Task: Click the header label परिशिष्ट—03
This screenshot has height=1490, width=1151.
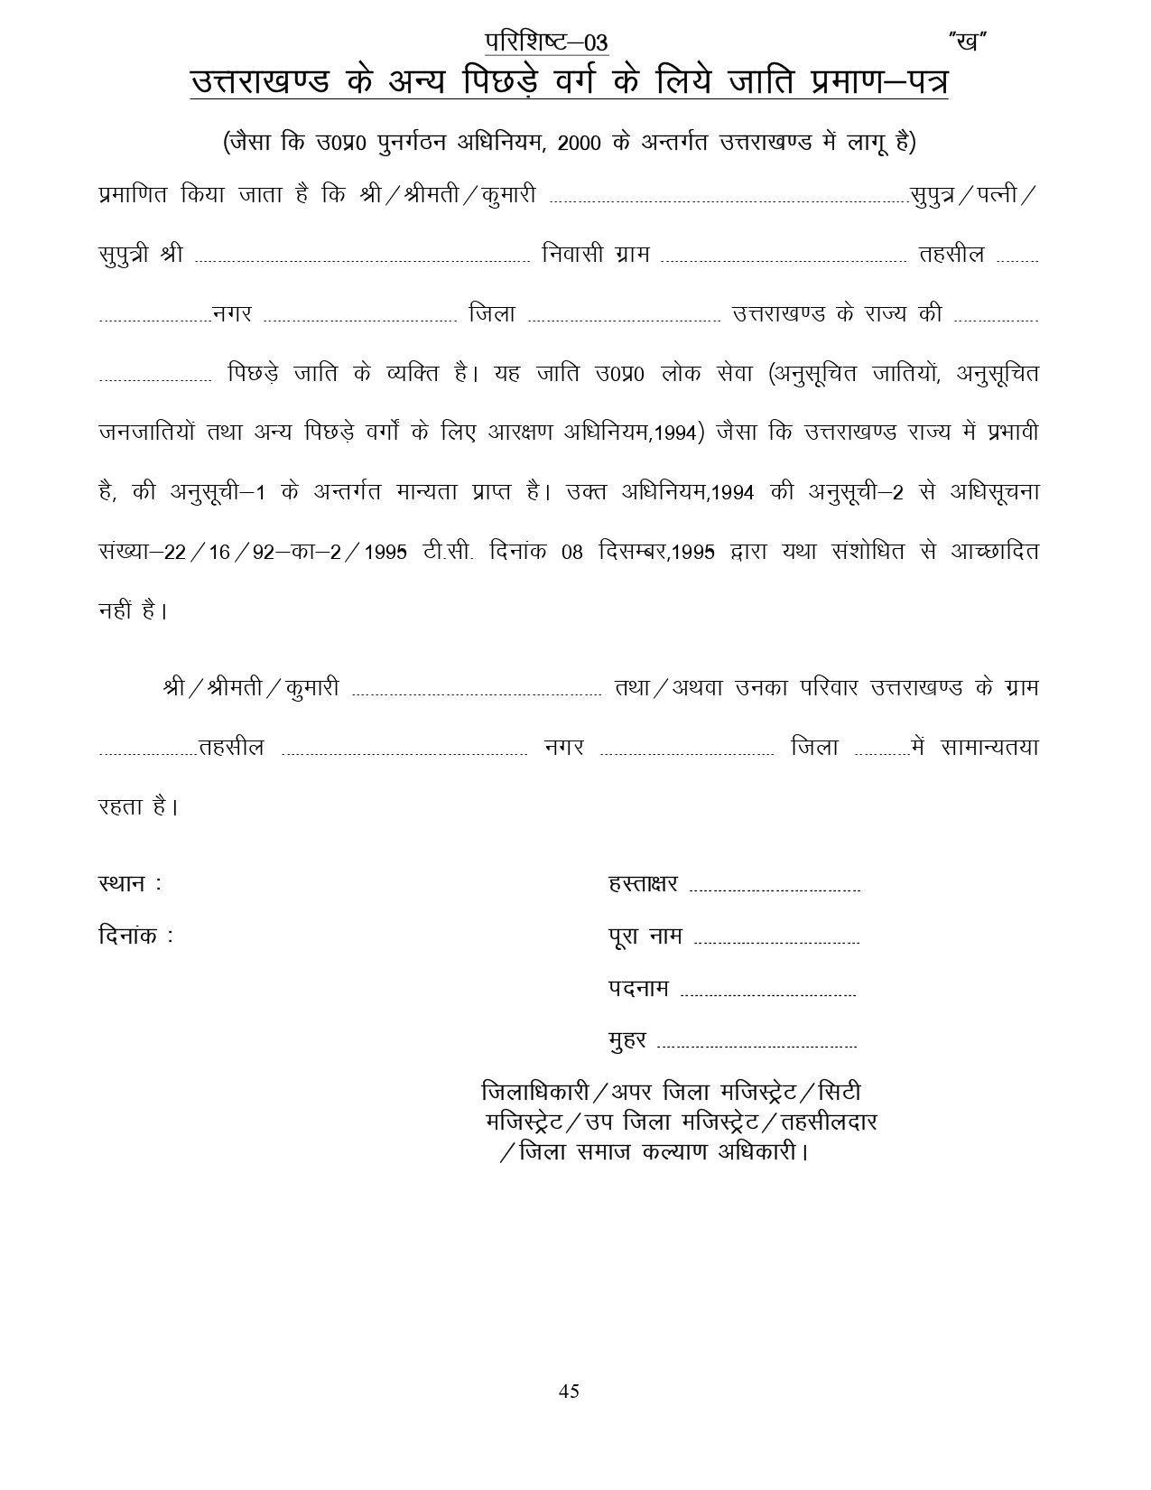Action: (x=546, y=42)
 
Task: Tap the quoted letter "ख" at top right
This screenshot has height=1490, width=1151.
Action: (x=966, y=42)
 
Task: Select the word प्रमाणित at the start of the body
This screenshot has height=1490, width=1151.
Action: (x=132, y=194)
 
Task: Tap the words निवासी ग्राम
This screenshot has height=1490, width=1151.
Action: (x=596, y=254)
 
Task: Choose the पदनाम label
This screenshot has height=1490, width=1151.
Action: (x=638, y=989)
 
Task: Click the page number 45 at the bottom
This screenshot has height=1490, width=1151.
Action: (x=569, y=1391)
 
